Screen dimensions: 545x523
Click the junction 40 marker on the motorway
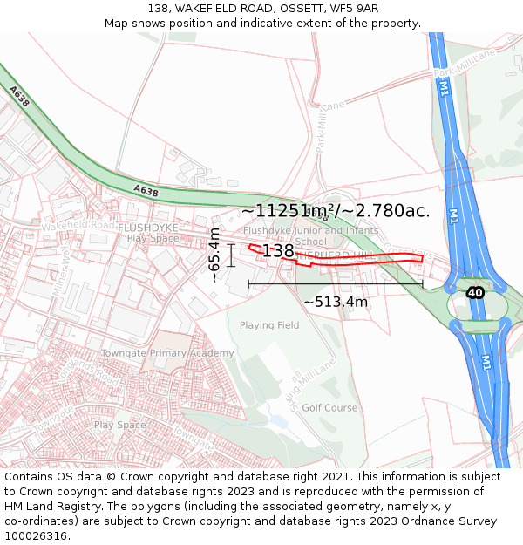coord(475,292)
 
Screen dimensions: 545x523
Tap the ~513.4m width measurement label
coord(336,303)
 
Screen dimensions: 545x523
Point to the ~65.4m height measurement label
coord(214,255)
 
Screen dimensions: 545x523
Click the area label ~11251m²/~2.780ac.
coord(336,210)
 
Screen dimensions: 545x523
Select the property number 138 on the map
coord(278,251)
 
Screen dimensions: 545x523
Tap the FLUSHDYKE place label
coord(148,228)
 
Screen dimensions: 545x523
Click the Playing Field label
coord(269,325)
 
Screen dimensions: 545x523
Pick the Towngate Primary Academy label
coord(167,353)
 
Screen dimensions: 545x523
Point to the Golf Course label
coord(329,407)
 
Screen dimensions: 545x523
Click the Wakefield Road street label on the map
coord(78,225)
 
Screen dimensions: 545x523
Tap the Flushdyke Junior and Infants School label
coord(311,235)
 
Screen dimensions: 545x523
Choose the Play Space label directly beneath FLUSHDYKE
coord(153,238)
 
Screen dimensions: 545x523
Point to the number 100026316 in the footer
coord(35,536)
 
